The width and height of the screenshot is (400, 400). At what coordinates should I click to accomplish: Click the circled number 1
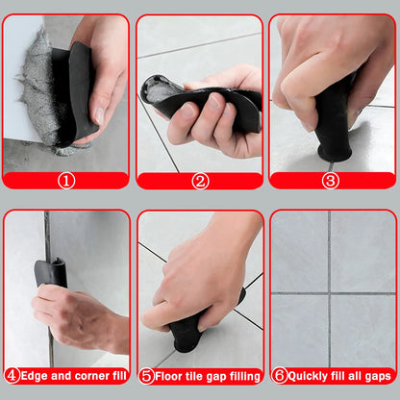[66, 180]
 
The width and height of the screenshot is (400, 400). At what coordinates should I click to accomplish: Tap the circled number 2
[199, 180]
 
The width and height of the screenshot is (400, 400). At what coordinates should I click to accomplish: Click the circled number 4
[12, 375]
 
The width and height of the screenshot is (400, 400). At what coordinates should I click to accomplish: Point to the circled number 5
[146, 375]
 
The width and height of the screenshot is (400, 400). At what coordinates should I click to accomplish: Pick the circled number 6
[279, 375]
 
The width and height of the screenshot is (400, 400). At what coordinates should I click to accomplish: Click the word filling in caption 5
[242, 375]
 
